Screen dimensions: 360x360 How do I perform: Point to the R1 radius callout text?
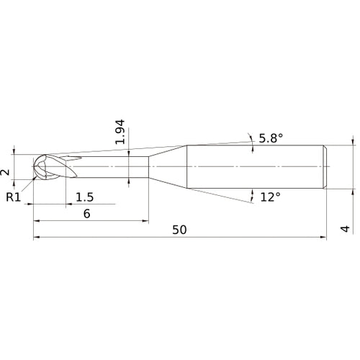14,197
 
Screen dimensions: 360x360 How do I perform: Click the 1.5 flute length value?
85,197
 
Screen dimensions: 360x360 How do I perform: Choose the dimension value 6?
86,214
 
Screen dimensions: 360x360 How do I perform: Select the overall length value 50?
179,230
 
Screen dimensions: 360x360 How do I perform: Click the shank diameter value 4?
345,229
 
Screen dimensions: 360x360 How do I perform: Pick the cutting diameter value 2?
6,171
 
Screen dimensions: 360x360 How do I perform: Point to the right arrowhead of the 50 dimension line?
323,237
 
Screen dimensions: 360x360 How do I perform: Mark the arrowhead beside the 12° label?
253,193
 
